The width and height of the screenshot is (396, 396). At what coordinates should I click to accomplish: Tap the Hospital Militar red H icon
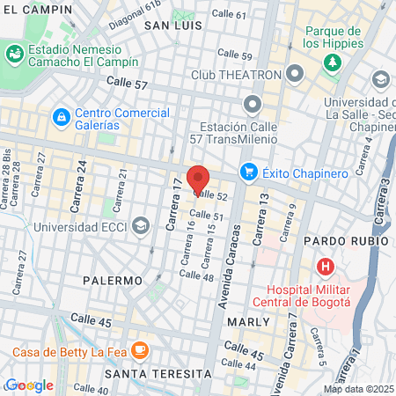coord(326,266)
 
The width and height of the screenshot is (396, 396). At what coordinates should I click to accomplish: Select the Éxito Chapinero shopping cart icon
coord(249,171)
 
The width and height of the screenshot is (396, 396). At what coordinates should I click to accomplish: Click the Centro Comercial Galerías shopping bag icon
coord(61,116)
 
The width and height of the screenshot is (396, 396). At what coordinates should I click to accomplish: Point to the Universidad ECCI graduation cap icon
coord(140,227)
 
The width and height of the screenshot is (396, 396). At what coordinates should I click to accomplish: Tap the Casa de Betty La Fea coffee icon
coord(139,351)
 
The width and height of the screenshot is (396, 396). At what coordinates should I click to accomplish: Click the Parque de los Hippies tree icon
coord(332,62)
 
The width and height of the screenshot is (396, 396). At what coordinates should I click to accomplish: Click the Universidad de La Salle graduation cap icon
coord(380,81)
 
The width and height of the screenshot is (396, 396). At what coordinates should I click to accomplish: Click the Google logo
coord(29,385)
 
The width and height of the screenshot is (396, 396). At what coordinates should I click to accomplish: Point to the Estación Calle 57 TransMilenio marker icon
coord(253,106)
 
